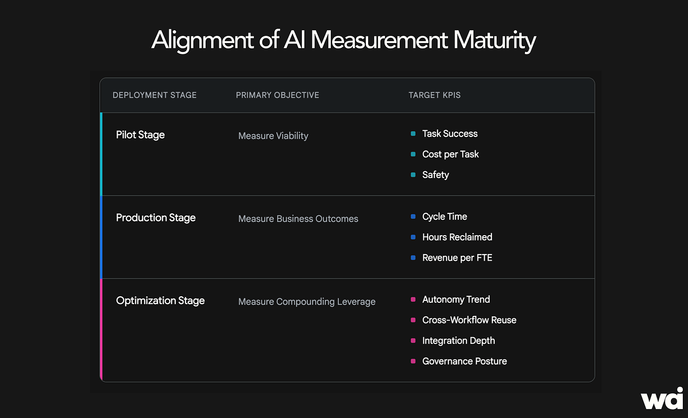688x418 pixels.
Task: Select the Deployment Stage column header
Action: pos(155,95)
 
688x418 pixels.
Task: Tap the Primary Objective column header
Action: pos(277,95)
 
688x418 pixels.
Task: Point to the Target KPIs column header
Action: pos(434,95)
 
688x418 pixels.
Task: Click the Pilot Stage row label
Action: pos(140,135)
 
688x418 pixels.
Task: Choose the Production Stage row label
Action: pos(156,218)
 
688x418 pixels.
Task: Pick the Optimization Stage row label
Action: pos(160,301)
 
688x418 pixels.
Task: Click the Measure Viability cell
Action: pos(273,136)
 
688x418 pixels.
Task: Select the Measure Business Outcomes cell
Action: pos(298,219)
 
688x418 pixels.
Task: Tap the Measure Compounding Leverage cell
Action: pos(307,302)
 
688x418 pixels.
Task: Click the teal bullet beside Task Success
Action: pos(413,134)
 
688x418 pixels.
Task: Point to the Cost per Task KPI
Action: pos(451,154)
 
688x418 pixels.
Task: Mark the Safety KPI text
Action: pos(436,175)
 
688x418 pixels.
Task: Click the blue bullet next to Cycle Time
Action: pos(413,216)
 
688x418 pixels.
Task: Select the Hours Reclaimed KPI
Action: pos(457,237)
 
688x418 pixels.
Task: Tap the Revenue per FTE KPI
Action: pos(457,258)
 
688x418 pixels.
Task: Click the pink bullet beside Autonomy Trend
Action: pos(413,299)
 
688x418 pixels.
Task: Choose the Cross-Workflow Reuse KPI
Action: pos(469,320)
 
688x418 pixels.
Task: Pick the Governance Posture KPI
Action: pos(464,361)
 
